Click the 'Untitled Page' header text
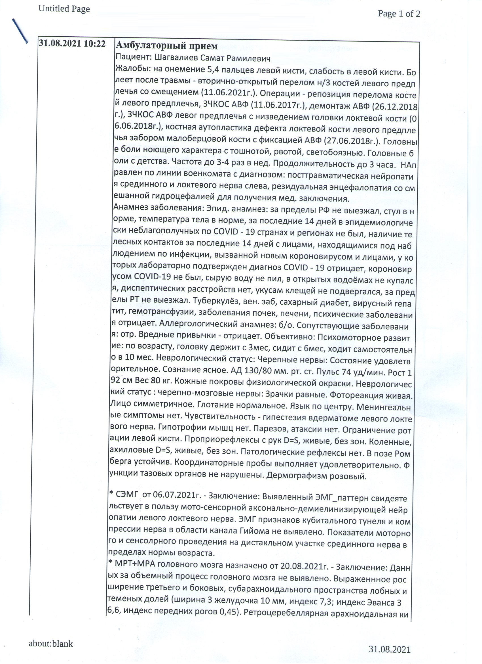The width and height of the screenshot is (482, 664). pos(64,9)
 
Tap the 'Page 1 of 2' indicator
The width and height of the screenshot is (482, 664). pos(399,13)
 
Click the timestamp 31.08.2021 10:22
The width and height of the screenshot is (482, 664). pos(72,44)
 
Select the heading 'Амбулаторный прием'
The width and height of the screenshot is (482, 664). pos(167,46)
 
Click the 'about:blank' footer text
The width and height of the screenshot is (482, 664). pos(51,642)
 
